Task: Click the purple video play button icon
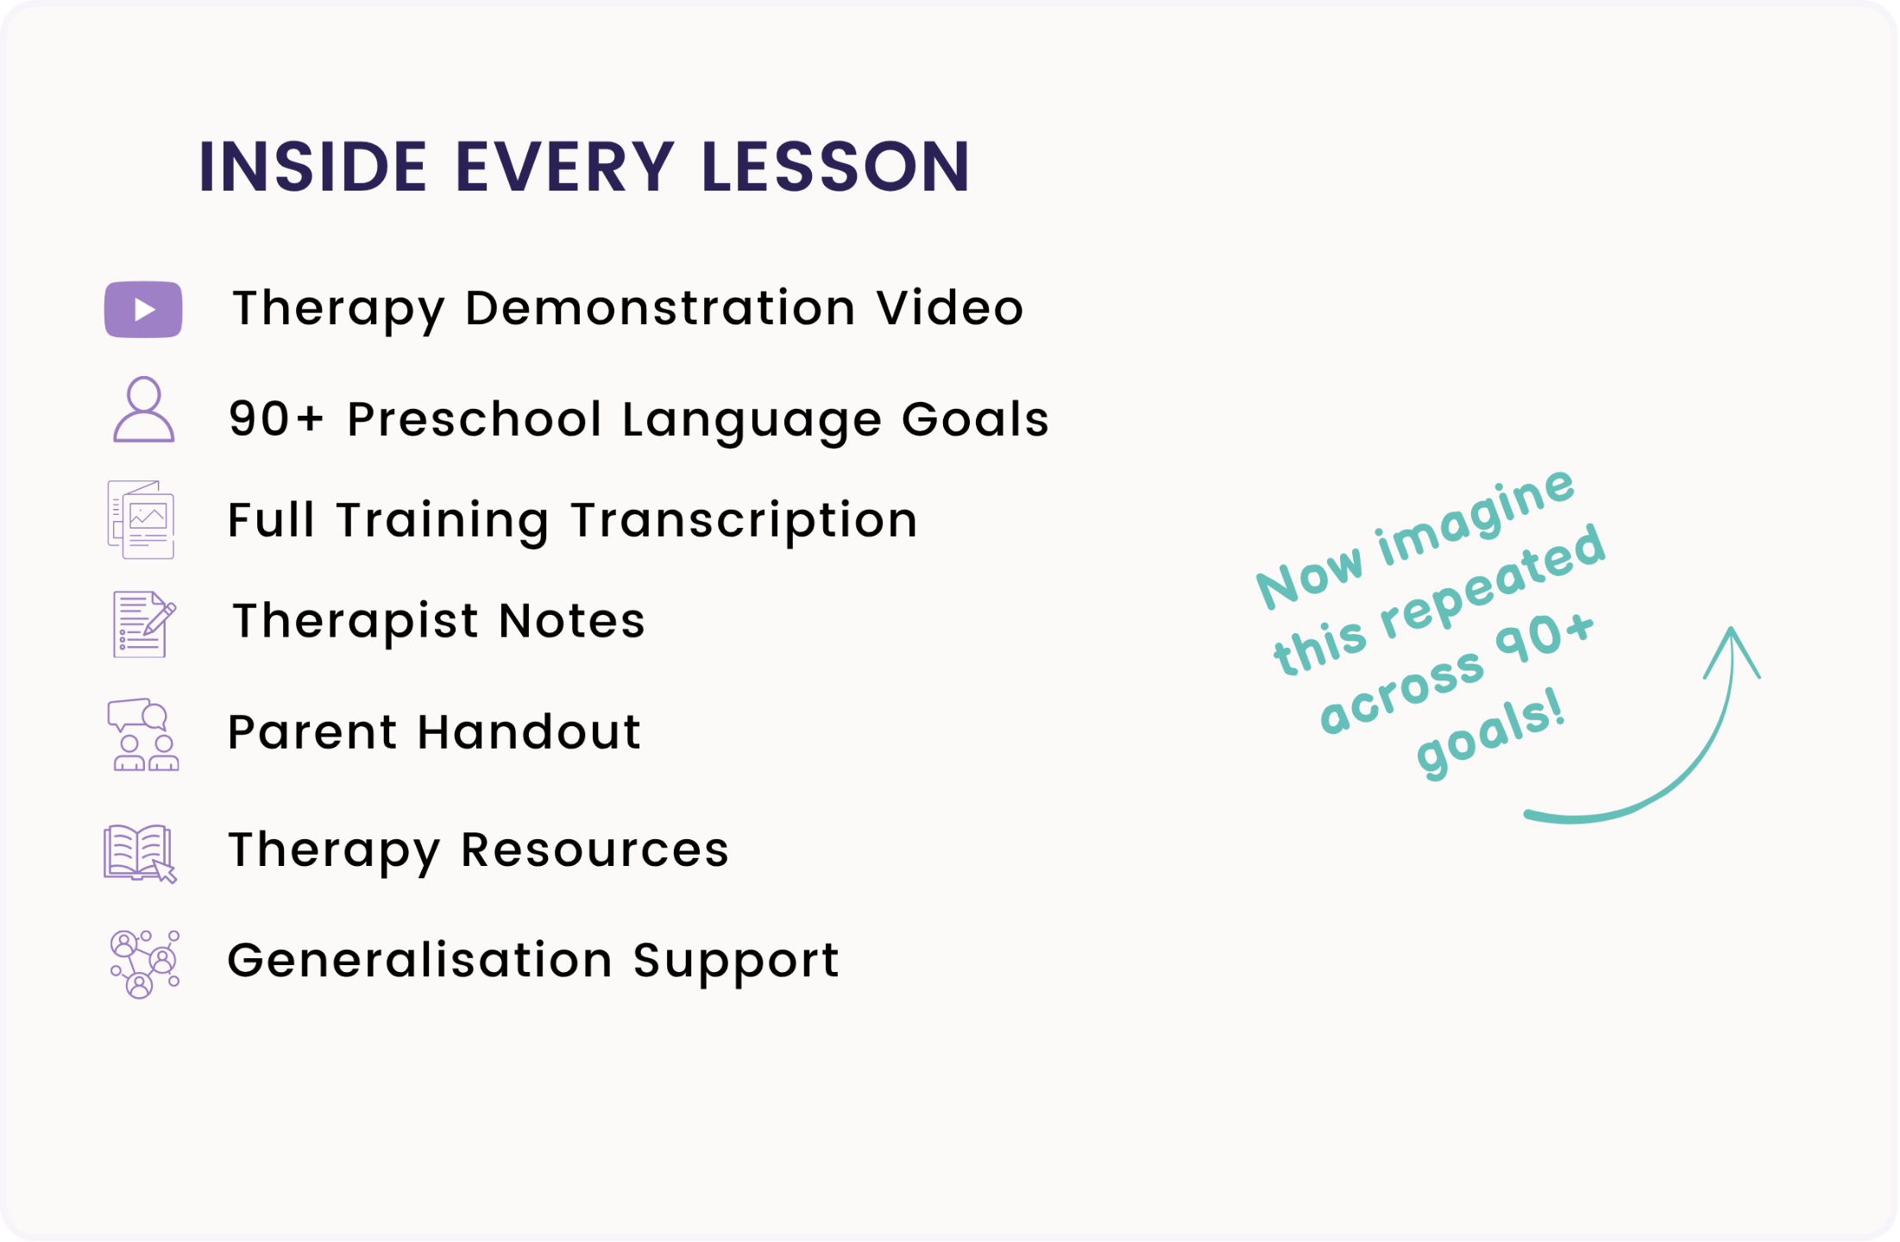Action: click(143, 310)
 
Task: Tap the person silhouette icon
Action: click(144, 410)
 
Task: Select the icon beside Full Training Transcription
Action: click(142, 520)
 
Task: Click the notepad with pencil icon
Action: click(144, 624)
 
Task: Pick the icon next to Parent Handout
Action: click(143, 735)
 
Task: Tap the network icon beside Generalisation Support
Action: click(145, 964)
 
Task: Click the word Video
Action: click(950, 308)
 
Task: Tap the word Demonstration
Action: click(660, 308)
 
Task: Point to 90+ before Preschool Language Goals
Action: click(276, 419)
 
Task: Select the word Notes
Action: click(572, 621)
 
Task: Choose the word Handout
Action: click(529, 732)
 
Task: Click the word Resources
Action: click(595, 850)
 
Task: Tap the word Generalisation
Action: click(420, 961)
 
